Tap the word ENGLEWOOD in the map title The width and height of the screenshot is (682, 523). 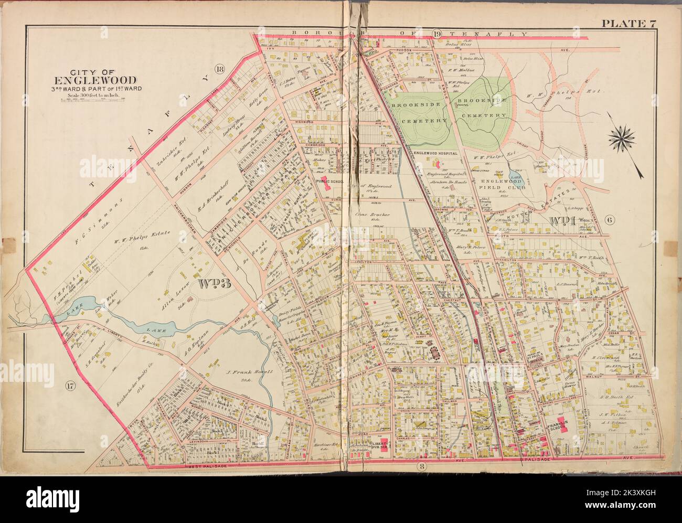tap(95, 80)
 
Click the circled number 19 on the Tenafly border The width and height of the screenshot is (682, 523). tap(436, 35)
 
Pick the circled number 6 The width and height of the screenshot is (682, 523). tap(610, 220)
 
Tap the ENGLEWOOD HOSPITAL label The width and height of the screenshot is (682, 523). tap(436, 153)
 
